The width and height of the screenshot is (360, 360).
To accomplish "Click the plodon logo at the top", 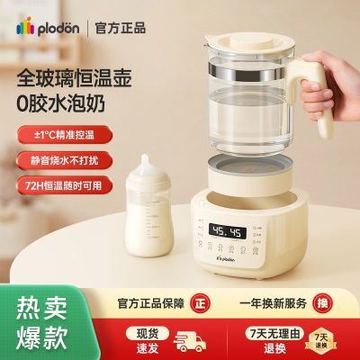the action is tap(48, 28).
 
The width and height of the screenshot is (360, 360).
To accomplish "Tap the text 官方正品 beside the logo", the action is tap(121, 28).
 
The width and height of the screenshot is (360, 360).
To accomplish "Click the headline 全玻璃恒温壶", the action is tap(75, 78).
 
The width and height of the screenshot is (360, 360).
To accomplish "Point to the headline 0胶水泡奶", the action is tap(61, 103).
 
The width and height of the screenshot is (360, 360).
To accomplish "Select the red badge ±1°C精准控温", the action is tap(65, 135).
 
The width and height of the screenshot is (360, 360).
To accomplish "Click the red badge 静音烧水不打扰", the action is tap(65, 160).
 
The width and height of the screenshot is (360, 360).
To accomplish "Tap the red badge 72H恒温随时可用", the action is tap(65, 185).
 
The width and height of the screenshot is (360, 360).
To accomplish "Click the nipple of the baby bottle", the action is tap(146, 163).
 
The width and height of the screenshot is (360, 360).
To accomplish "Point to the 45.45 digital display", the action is tap(228, 231).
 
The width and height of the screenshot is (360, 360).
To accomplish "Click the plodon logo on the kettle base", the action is tap(226, 258).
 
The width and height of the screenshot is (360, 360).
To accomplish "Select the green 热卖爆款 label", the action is tap(41, 323).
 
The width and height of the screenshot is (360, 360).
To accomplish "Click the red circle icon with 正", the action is tap(201, 303).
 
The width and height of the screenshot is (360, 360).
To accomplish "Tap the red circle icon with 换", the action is tap(322, 303).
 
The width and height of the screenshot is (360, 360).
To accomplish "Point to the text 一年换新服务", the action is tap(273, 303).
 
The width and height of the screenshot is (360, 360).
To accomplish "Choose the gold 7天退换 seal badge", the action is tap(320, 342).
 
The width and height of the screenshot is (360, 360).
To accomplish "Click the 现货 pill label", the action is tap(148, 333).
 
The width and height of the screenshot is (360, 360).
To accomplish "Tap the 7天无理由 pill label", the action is tap(274, 333).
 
